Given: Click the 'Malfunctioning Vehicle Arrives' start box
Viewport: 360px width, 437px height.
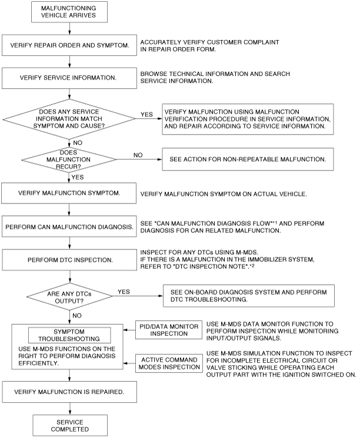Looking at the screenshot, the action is click(x=69, y=12).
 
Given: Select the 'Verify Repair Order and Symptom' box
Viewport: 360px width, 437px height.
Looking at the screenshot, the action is click(x=69, y=45).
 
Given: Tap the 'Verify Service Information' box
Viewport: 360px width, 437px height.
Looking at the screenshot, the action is click(x=69, y=78).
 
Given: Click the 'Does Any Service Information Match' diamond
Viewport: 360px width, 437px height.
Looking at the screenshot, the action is click(x=69, y=119).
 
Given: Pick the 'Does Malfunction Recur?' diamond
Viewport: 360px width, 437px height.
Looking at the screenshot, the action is click(x=69, y=159).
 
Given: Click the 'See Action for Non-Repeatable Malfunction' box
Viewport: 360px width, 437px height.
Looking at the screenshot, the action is click(x=248, y=159).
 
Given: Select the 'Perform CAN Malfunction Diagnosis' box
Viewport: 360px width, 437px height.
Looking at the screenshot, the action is click(x=69, y=226).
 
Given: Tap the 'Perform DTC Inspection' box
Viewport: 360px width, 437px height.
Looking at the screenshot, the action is click(x=69, y=260).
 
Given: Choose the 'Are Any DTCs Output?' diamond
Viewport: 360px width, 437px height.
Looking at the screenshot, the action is click(x=69, y=296).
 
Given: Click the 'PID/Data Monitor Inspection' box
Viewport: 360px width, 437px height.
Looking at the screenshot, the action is click(x=169, y=330).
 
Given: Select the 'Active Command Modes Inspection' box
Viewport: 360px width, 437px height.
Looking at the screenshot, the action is click(x=169, y=363).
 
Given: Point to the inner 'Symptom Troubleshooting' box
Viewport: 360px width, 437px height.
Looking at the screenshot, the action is click(x=69, y=335).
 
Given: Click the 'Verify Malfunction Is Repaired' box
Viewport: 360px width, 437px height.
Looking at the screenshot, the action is click(x=69, y=392).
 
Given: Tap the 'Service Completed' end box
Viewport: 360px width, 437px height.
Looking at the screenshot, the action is click(x=70, y=426).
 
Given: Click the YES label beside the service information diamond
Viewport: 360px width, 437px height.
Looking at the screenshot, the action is click(x=146, y=115).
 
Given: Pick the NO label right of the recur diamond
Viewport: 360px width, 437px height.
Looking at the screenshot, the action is click(x=138, y=155).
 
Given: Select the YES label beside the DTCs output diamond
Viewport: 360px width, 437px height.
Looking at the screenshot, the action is click(x=124, y=292).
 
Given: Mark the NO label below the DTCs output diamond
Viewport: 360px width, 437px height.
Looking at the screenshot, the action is click(x=77, y=315).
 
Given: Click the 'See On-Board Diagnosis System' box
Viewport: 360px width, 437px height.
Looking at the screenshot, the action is click(x=249, y=296).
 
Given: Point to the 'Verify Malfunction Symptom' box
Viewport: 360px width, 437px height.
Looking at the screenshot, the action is click(x=69, y=193).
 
